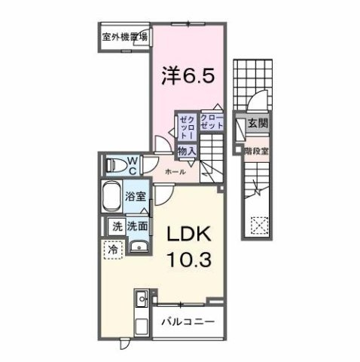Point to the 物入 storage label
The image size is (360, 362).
coord(186,152)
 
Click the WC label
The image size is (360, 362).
coord(131,162)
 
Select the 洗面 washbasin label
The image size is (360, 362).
coord(136,225)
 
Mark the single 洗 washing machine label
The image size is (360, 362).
coord(117,225)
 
